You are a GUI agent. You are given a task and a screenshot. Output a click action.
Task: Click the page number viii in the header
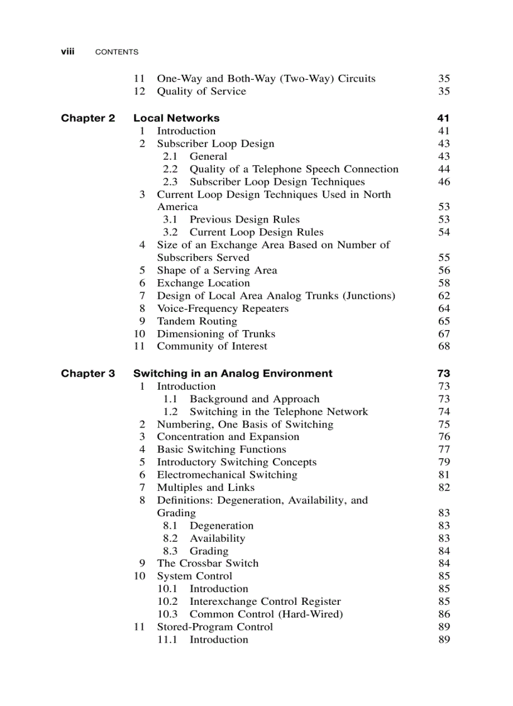click(67, 52)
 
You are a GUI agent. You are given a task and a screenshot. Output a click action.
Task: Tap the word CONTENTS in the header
click(116, 52)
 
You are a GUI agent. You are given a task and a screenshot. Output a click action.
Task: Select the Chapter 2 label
click(88, 118)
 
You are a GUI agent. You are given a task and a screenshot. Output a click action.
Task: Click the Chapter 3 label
click(88, 373)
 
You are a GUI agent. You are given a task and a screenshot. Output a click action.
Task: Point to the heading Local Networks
click(176, 118)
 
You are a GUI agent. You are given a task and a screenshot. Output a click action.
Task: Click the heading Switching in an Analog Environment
click(233, 373)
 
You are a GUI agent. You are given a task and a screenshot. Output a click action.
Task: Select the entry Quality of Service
click(201, 92)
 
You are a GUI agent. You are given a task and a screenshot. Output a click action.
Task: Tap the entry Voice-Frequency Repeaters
click(223, 309)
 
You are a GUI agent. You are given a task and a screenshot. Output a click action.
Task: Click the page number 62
click(444, 296)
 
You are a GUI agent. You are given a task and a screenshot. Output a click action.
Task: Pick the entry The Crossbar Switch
click(207, 563)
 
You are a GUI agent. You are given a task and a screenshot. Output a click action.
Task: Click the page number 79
click(444, 462)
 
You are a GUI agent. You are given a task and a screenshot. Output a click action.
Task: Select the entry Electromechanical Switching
click(227, 475)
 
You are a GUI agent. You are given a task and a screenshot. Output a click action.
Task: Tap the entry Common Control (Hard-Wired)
click(266, 614)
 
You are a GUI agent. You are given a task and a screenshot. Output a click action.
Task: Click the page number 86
click(444, 614)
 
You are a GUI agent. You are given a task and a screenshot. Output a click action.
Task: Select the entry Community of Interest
click(212, 346)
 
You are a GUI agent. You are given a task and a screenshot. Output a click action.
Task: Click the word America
click(177, 207)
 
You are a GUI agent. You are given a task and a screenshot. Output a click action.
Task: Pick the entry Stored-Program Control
click(214, 627)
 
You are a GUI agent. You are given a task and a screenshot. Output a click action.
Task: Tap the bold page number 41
click(443, 118)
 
